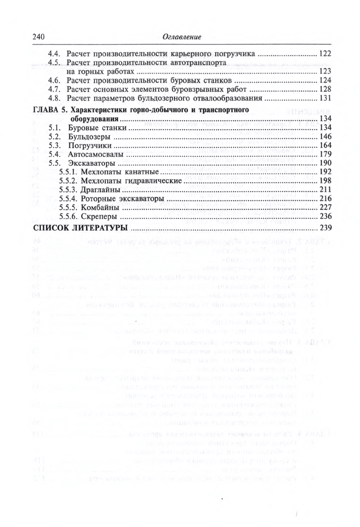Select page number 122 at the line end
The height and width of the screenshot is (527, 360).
pos(326,54)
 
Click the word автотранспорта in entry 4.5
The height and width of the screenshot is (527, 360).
pos(195,63)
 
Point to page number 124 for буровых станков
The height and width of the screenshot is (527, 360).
pos(326,81)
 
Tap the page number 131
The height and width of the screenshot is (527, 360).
pos(326,98)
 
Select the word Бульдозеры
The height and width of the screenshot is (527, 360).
pos(88,138)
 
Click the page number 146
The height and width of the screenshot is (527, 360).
pos(326,138)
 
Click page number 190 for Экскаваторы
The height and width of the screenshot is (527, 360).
pos(326,163)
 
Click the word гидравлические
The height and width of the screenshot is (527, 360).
pos(149,181)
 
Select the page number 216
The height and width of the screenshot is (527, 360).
pos(326,199)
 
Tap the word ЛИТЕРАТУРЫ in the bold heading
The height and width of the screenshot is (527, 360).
pos(98,228)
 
